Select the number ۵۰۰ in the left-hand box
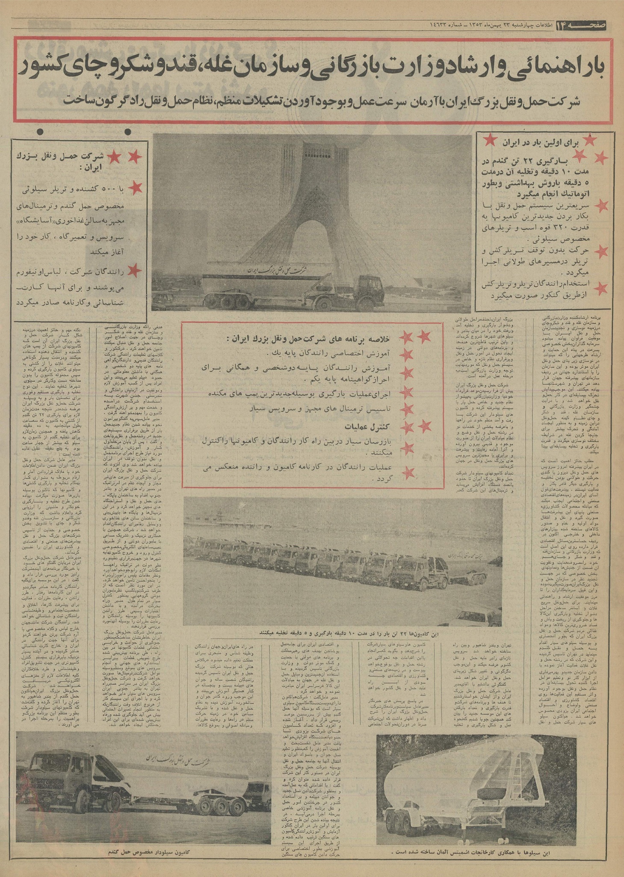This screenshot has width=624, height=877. coord(101,189)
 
